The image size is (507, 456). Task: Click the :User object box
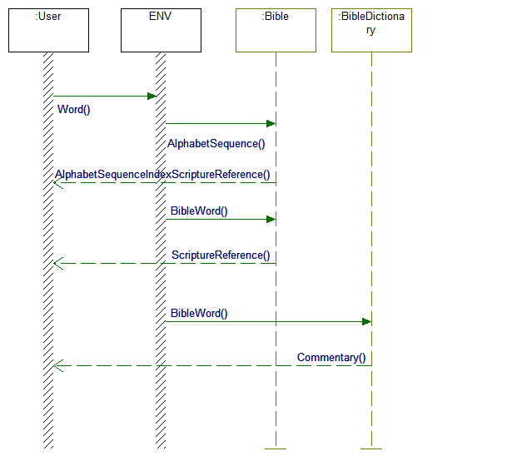point(48,31)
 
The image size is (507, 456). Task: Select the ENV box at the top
point(161,31)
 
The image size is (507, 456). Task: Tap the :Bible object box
point(276,31)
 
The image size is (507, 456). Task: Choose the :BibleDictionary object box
point(371,31)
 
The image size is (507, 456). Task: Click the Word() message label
point(74,109)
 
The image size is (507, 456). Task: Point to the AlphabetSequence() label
point(216,143)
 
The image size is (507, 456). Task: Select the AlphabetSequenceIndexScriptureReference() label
point(162,174)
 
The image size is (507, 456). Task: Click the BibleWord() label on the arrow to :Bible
point(199,211)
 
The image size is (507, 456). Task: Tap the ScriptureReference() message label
point(221,255)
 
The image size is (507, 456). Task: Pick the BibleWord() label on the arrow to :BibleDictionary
point(199,313)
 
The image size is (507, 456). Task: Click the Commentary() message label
point(331,357)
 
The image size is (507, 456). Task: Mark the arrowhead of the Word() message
point(152,96)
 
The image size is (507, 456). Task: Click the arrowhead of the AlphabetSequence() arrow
point(271,123)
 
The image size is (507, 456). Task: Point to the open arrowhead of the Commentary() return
point(57,365)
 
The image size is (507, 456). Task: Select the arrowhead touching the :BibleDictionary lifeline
point(366,321)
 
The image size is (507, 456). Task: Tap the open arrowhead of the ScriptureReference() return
point(57,263)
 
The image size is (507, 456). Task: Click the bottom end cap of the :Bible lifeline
point(276,449)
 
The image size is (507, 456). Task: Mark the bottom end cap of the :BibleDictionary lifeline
point(371,449)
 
